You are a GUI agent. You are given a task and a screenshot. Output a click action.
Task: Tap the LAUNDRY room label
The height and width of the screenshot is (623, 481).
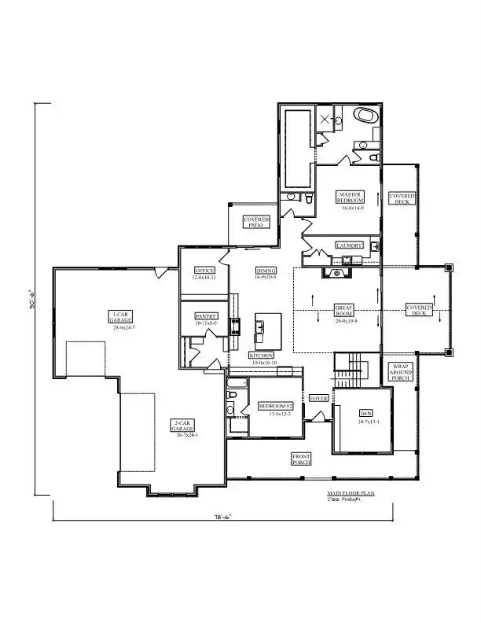tap(349, 245)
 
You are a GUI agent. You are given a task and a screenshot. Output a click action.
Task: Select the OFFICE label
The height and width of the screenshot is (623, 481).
tap(204, 271)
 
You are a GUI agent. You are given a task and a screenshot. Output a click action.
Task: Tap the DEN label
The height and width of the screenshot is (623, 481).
tap(365, 413)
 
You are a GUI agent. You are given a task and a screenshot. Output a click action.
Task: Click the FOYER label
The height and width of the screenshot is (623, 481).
tap(318, 398)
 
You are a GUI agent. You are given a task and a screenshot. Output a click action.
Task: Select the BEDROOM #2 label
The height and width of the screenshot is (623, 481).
tap(276, 406)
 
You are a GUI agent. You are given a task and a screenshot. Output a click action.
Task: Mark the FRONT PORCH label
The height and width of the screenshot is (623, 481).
tap(302, 459)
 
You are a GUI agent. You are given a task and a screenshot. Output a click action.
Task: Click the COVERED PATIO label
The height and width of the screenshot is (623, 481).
tap(256, 222)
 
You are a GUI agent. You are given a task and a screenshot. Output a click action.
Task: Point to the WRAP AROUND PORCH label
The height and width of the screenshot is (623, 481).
tap(401, 372)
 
